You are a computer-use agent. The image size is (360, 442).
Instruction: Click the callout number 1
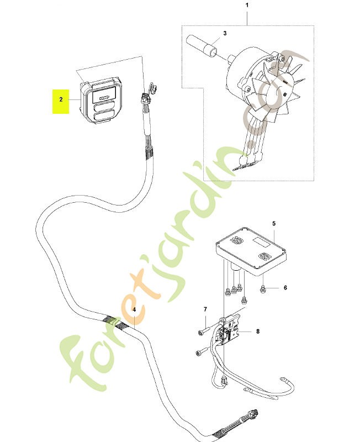click(x=247, y=5)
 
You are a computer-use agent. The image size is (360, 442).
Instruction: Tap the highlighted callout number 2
click(x=61, y=99)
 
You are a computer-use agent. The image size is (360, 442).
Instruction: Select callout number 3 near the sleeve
click(x=225, y=33)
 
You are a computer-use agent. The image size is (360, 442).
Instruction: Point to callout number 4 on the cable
click(x=134, y=309)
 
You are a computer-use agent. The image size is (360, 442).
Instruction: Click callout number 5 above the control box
click(x=274, y=224)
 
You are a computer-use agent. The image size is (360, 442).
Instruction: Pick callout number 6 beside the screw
click(x=285, y=288)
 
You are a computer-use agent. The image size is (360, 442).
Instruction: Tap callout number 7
click(x=205, y=309)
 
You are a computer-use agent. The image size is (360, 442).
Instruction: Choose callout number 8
click(x=258, y=331)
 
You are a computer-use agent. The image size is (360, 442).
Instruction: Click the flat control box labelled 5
click(x=251, y=250)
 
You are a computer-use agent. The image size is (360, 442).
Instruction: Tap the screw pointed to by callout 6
click(x=262, y=289)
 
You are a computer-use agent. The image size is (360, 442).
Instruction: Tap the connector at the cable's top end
click(x=146, y=98)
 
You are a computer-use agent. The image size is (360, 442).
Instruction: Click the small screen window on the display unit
click(x=104, y=96)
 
